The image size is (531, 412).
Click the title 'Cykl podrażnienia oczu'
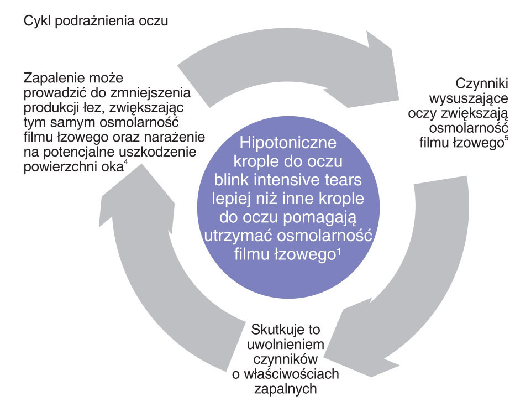click(96, 21)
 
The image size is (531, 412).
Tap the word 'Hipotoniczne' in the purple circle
click(288, 143)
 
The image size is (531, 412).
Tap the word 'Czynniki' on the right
click(482, 84)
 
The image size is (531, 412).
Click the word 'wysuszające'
click(469, 98)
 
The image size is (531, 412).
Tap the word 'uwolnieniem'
click(286, 345)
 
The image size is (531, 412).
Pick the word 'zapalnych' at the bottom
click(286, 389)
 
